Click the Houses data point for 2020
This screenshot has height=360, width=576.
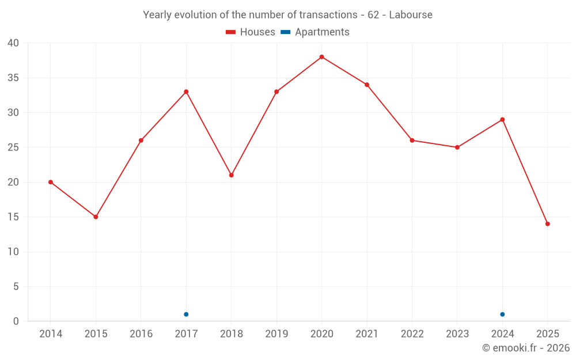[321, 57]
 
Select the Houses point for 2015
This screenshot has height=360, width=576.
[96, 217]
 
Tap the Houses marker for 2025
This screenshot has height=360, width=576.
[547, 224]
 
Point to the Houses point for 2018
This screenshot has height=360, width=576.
[231, 175]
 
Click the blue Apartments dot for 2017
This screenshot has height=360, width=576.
[186, 314]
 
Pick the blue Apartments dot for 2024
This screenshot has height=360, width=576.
[502, 314]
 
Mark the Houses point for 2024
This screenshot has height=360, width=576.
[502, 120]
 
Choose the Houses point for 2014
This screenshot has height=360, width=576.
[51, 182]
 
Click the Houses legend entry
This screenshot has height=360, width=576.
[251, 32]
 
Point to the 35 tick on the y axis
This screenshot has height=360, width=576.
[13, 78]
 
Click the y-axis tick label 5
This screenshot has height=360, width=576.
[16, 286]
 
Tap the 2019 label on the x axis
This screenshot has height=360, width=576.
[276, 334]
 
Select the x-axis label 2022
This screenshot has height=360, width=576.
[412, 334]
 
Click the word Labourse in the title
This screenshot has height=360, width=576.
[411, 15]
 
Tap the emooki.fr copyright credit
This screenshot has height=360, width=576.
[525, 348]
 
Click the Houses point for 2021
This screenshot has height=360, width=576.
[366, 85]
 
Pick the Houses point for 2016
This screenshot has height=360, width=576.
[141, 141]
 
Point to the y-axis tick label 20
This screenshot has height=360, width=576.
[13, 182]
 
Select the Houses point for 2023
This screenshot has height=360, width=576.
[457, 147]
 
